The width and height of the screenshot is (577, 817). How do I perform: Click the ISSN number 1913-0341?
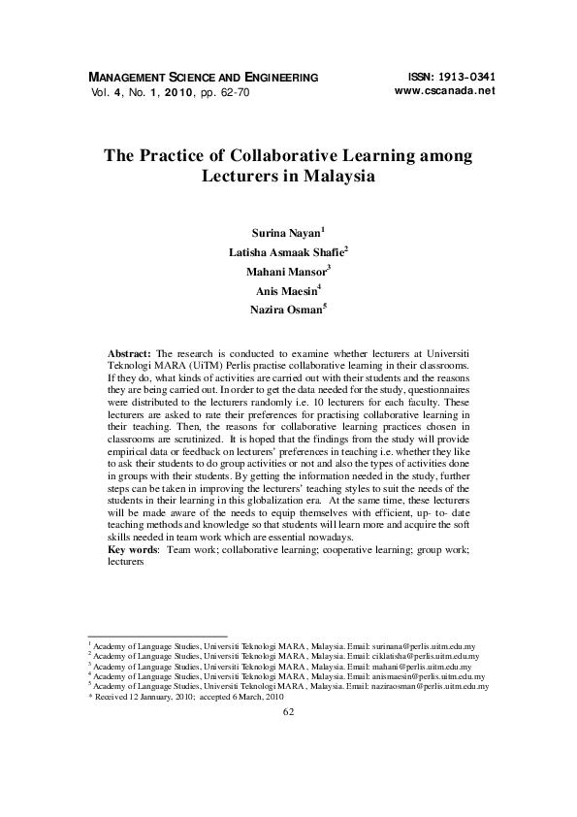tap(462, 76)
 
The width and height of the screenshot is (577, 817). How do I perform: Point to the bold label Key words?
tap(134, 549)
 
